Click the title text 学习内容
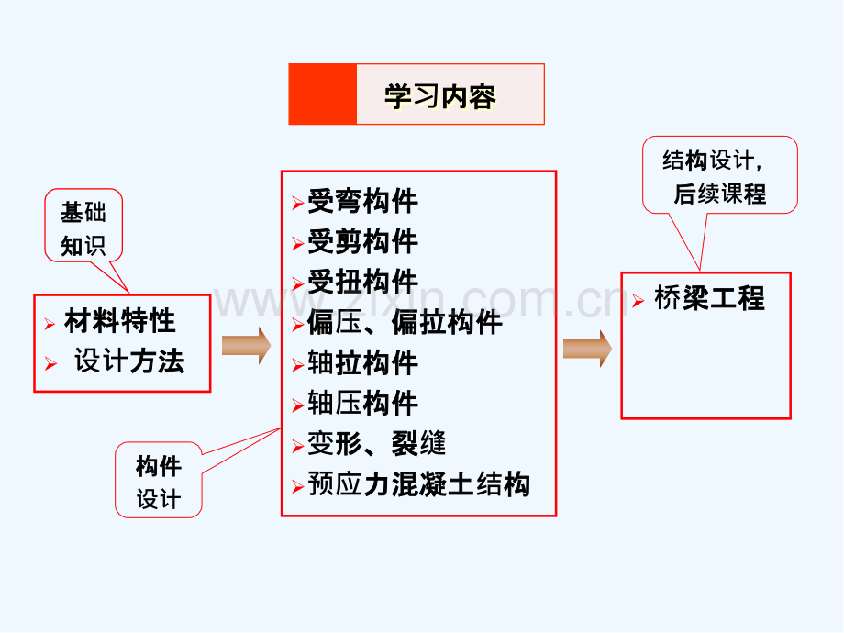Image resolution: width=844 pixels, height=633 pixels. point(439,95)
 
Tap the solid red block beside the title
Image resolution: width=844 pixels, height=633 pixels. point(322,94)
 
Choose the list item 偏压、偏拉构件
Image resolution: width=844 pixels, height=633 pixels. point(405,323)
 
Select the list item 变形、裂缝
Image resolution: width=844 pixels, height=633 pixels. point(377,444)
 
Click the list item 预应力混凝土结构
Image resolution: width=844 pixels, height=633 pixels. point(418,484)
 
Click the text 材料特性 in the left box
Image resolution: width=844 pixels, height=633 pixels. point(119,321)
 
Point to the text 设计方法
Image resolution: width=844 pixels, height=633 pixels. point(129,361)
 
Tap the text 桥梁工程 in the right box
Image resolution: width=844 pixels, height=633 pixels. point(709,298)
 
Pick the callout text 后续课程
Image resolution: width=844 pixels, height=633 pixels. point(719,194)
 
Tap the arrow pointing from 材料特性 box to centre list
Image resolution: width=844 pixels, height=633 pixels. point(246,346)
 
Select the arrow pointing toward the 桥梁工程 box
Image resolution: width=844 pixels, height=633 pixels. point(587,349)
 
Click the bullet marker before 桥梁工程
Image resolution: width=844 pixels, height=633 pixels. point(639,300)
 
